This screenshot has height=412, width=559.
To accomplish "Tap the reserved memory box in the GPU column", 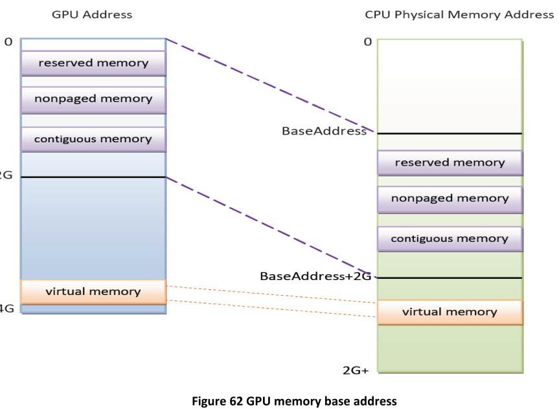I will [x=93, y=63].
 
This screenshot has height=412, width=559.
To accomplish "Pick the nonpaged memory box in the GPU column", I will [x=93, y=99].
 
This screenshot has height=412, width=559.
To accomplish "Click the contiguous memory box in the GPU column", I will [x=93, y=138].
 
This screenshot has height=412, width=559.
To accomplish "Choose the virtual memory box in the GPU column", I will [x=93, y=291].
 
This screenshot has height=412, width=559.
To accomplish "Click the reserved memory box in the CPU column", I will [x=450, y=162].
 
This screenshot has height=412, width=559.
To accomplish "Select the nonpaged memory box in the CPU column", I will [x=450, y=199].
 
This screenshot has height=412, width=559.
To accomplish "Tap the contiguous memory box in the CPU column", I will [x=450, y=239].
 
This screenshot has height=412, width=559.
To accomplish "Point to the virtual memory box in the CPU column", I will [x=450, y=312].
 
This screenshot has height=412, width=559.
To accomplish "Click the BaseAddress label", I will [x=324, y=131].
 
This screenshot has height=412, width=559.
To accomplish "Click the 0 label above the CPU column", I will [x=367, y=41].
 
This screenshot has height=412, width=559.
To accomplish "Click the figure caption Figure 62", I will [x=279, y=402].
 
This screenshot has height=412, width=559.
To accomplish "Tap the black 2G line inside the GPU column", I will [x=93, y=177].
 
